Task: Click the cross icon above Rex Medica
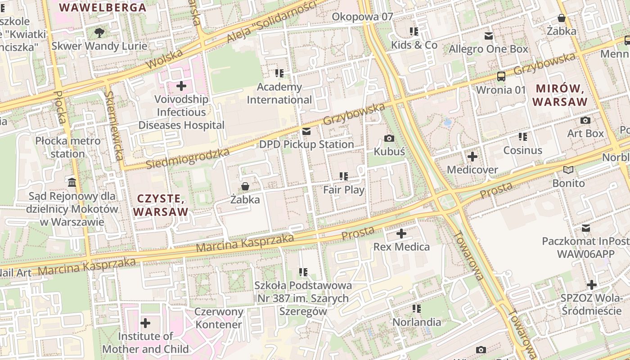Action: (x=401, y=234)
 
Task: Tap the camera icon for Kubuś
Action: (x=389, y=138)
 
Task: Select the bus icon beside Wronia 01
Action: (x=501, y=76)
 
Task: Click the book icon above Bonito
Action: (x=568, y=170)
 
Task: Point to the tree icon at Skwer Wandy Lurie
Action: (x=99, y=32)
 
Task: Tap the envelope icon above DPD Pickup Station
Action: (x=306, y=131)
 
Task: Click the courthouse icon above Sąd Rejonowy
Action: (x=72, y=182)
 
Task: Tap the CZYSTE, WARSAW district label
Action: (x=161, y=205)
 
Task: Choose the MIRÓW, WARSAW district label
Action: (x=560, y=95)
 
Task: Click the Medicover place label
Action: (x=472, y=170)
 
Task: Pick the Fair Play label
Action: (x=344, y=189)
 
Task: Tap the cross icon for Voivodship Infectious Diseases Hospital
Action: (x=181, y=85)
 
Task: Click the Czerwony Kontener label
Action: (x=219, y=318)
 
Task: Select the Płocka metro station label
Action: (x=68, y=147)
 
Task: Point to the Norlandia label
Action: (x=417, y=322)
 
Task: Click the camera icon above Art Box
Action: (x=585, y=120)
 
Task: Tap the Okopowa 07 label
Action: (x=362, y=17)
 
